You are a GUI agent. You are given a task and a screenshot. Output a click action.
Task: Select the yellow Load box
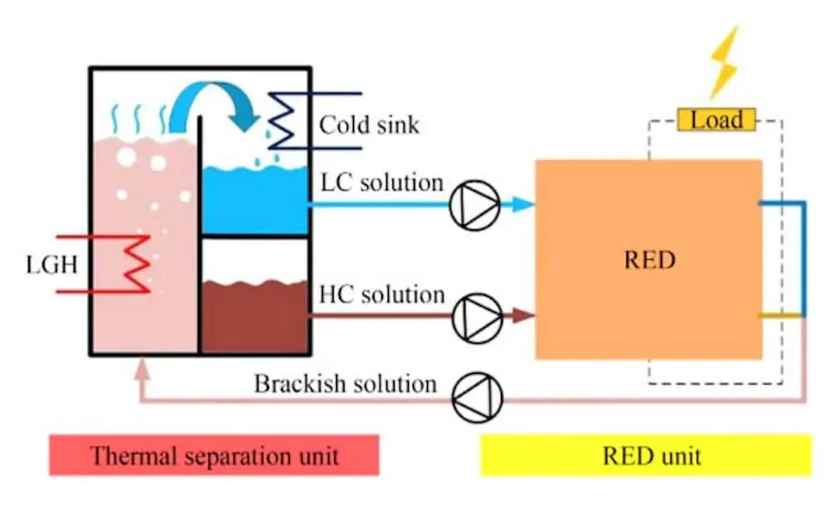[x=716, y=120]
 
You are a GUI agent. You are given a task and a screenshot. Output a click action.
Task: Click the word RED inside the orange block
[x=650, y=259]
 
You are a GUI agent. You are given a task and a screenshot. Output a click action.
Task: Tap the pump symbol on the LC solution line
[x=475, y=205]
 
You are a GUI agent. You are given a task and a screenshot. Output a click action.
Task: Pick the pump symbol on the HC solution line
[x=477, y=317]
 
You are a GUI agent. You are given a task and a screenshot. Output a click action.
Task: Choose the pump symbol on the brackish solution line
[x=477, y=397]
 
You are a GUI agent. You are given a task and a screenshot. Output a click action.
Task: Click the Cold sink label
[x=369, y=125]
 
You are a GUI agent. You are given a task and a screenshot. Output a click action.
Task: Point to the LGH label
[x=52, y=264]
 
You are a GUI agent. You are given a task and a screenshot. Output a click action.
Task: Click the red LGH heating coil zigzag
[x=137, y=264]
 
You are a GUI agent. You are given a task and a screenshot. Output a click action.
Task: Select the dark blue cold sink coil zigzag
[x=283, y=121]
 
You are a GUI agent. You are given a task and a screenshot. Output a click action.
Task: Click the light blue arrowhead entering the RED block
[x=522, y=204]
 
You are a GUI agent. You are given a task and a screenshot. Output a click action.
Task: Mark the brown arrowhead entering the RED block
[x=523, y=315]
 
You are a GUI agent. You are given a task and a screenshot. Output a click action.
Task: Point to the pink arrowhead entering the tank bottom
[x=141, y=369]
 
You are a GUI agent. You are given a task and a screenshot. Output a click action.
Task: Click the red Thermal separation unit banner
[x=214, y=455]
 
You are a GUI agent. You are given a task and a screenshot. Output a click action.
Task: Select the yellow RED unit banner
[x=646, y=455]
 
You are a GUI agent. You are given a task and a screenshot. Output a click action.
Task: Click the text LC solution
[x=382, y=182]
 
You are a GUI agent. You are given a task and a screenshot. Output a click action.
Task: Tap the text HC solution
[x=382, y=295]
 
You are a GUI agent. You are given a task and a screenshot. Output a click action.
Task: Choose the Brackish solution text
[x=345, y=383]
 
